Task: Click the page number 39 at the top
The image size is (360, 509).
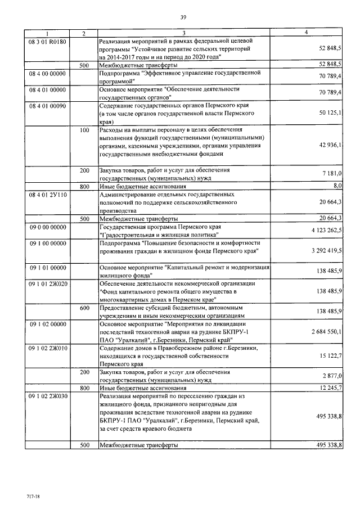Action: pyautogui.click(x=183, y=17)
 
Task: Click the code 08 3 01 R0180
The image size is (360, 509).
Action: pyautogui.click(x=48, y=41)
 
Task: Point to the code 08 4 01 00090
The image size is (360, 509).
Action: pyautogui.click(x=48, y=105)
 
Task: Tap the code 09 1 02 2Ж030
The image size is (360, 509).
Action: pyautogui.click(x=48, y=396)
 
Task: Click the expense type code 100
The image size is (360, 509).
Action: pyautogui.click(x=84, y=130)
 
